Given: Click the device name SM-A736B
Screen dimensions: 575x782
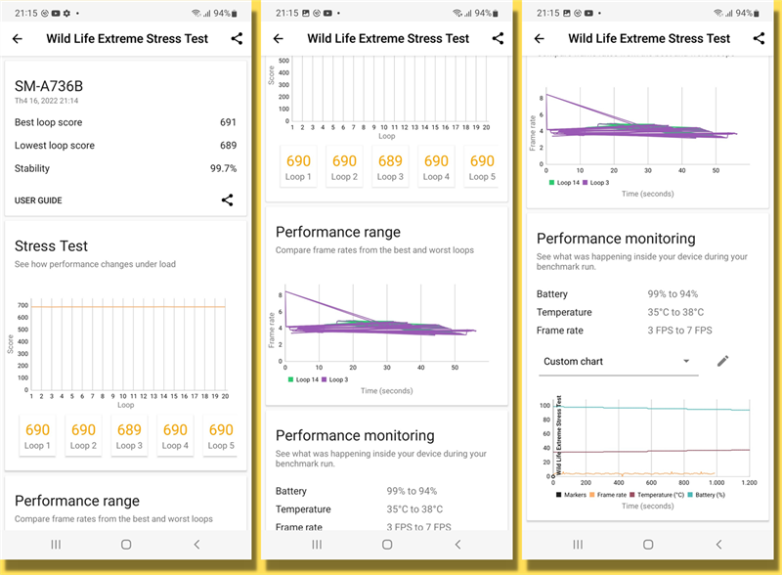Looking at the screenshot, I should tap(48, 85).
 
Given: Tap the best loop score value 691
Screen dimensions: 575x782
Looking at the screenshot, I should tap(228, 122).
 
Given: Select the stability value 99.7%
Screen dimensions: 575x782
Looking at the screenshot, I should tap(223, 168).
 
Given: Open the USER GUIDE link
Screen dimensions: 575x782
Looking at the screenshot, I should tap(38, 200).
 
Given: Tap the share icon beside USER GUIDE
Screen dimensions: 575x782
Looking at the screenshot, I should tap(227, 200).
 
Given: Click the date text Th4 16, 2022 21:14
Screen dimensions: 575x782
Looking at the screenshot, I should tap(47, 101).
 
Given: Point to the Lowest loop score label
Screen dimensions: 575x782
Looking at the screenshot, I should tap(55, 146).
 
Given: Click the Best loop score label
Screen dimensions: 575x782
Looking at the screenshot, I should tap(49, 122).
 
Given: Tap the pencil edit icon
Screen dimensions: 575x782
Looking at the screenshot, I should tap(722, 361).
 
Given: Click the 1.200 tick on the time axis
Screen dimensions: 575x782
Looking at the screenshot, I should tap(749, 483).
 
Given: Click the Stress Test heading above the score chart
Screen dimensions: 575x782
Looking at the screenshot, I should tap(51, 245).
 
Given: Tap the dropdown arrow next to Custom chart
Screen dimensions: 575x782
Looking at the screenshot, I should tap(686, 361).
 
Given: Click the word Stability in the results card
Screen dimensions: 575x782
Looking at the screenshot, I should tap(32, 168).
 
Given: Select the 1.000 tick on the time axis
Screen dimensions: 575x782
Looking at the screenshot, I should tap(717, 483).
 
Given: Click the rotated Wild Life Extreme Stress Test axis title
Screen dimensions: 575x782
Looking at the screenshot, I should tap(558, 436).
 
